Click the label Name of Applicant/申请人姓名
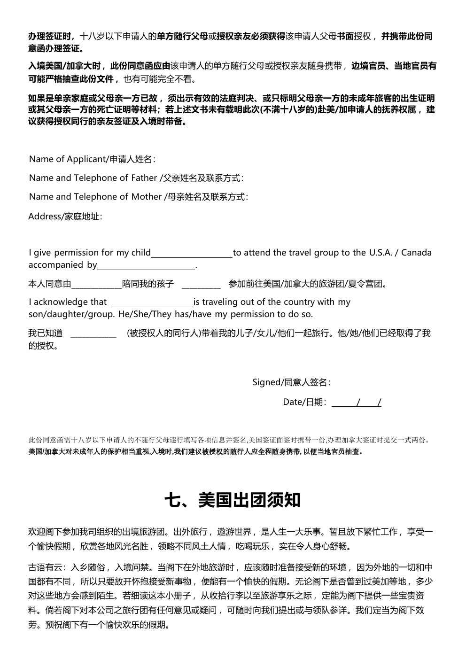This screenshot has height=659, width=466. click(92, 159)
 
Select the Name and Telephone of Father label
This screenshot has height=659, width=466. click(136, 178)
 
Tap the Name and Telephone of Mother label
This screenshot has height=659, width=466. click(139, 197)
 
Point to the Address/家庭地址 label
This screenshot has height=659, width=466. click(65, 217)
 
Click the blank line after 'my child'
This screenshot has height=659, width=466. click(192, 253)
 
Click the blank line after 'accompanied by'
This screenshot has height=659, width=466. click(146, 265)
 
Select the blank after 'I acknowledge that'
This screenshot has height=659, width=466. click(151, 302)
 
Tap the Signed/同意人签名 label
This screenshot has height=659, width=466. click(291, 382)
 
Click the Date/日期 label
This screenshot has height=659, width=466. click(304, 402)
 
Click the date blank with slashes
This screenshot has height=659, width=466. click(357, 403)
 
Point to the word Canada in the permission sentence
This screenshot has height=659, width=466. click(417, 253)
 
